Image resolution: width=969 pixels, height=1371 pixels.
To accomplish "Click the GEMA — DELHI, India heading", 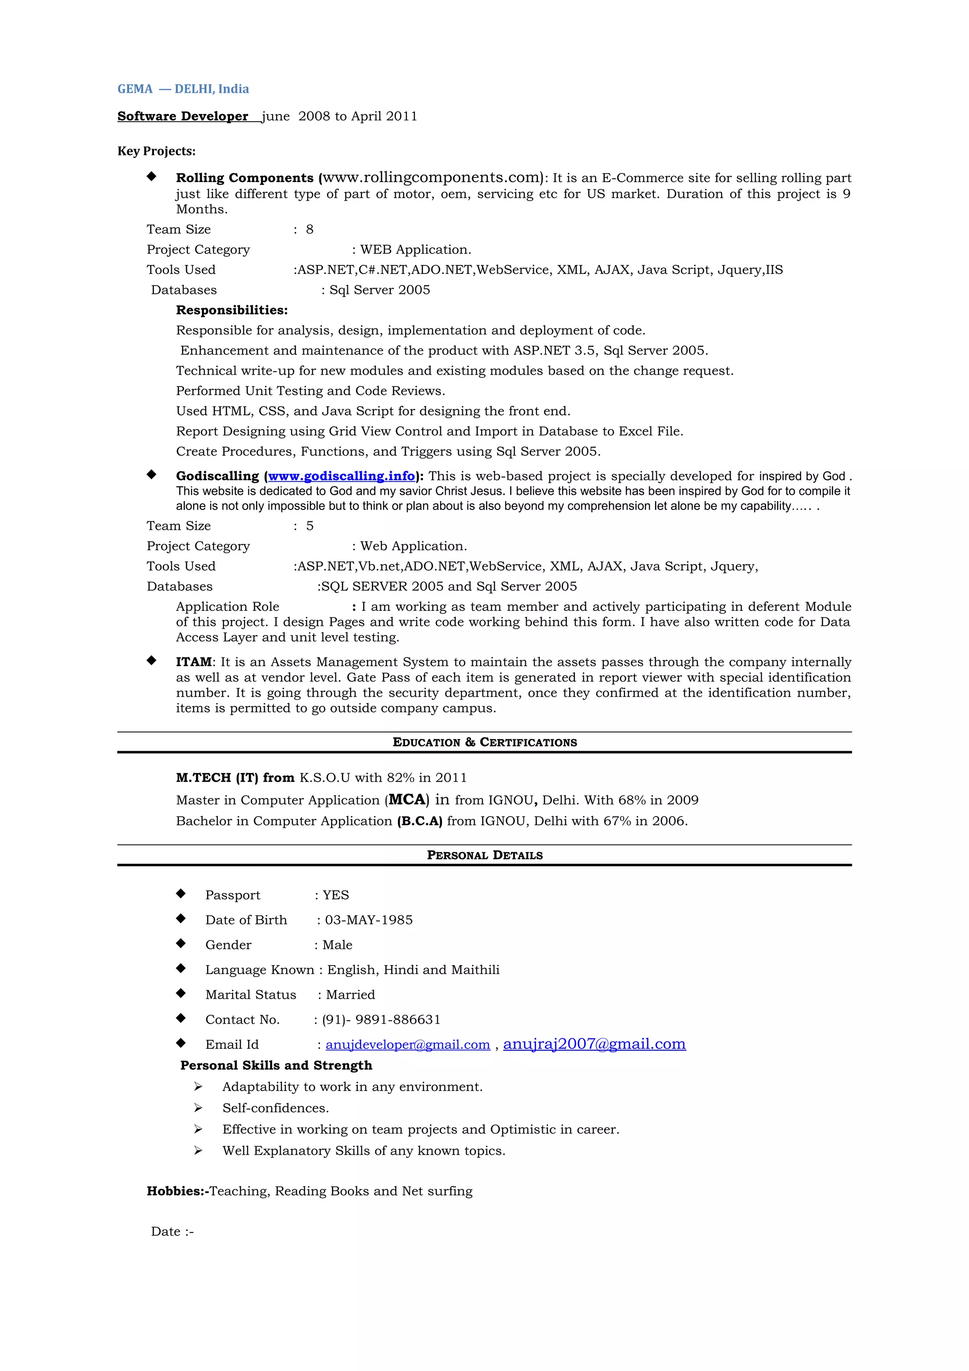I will point(183,89).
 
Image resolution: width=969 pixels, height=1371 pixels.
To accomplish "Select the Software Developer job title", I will point(183,116).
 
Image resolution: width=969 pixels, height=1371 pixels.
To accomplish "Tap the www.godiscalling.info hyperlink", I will point(341,476).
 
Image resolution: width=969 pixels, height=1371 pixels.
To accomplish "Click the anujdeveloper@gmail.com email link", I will point(407,1045).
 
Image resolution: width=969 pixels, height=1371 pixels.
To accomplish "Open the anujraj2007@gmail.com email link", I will point(594,1044).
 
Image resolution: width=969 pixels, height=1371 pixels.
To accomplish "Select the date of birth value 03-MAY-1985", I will point(369,920).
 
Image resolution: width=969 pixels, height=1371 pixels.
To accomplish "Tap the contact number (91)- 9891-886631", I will point(381,1020).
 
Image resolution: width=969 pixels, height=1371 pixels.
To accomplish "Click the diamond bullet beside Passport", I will point(181,894).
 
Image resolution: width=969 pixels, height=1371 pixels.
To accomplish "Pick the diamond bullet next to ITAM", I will point(152,660).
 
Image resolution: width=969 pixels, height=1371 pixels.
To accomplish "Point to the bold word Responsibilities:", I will point(232,310).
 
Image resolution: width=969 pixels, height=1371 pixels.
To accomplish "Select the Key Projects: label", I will point(157,151).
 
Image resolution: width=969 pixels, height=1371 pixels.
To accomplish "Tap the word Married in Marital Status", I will point(351,995).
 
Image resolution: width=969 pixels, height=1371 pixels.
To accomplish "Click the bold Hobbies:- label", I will point(177,1191).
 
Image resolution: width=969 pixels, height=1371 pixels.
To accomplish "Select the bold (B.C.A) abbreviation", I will point(420,821).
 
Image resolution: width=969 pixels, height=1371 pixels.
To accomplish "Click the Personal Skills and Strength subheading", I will point(276,1066).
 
